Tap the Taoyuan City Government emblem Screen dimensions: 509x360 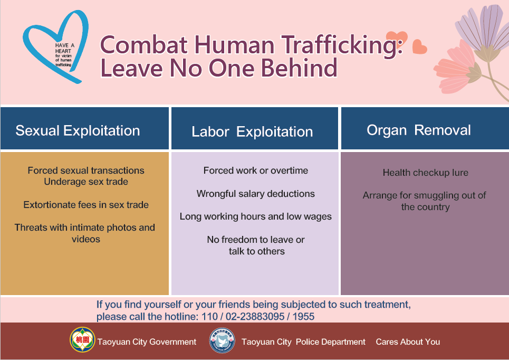pyautogui.click(x=82, y=340)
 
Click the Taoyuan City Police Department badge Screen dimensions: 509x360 pyautogui.click(x=222, y=340)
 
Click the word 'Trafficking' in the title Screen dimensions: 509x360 pyautogui.click(x=342, y=45)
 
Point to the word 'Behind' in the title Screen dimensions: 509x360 pyautogui.click(x=299, y=68)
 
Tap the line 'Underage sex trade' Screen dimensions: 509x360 pyautogui.click(x=86, y=182)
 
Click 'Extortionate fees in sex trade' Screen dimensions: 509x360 pyautogui.click(x=86, y=205)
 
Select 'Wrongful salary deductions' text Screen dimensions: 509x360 pyautogui.click(x=255, y=194)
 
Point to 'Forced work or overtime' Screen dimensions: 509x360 pyautogui.click(x=256, y=170)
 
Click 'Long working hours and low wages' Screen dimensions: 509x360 pyautogui.click(x=256, y=217)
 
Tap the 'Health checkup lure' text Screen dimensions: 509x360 pyautogui.click(x=426, y=173)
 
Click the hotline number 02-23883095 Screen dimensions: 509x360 pyautogui.click(x=255, y=317)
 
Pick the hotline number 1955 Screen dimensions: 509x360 pyautogui.click(x=303, y=317)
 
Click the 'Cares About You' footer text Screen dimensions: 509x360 pyautogui.click(x=408, y=342)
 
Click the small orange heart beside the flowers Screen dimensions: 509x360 pyautogui.click(x=419, y=47)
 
